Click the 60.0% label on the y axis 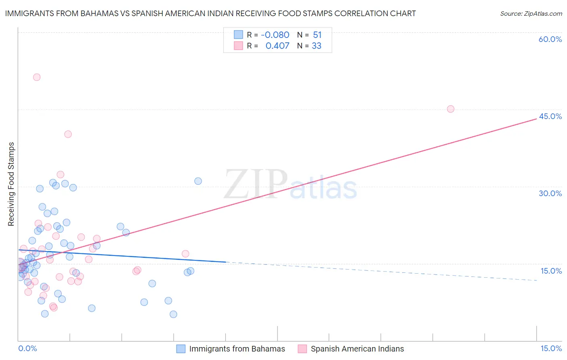[x=550, y=39]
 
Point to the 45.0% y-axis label [x=550, y=116]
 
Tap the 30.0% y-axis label [x=550, y=194]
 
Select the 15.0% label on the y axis [x=551, y=271]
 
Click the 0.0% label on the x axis [x=27, y=348]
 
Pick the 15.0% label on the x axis [x=551, y=348]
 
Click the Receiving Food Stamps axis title [x=11, y=184]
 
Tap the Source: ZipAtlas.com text [x=531, y=13]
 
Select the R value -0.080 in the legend [x=275, y=35]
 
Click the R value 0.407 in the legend [x=277, y=46]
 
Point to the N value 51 [x=317, y=35]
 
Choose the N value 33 [x=317, y=46]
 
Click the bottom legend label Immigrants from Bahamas [x=237, y=349]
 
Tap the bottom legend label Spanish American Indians [x=357, y=349]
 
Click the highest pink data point [x=37, y=77]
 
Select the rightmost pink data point [x=450, y=109]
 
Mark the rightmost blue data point [x=198, y=181]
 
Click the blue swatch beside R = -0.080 [x=238, y=34]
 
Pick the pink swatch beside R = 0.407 [x=238, y=46]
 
